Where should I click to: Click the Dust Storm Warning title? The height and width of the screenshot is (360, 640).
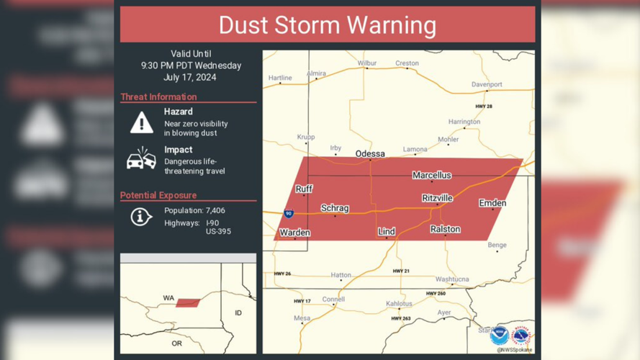click(x=328, y=25)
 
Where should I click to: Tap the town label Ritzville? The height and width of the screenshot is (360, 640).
click(x=437, y=197)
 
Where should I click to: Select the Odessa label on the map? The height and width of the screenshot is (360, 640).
click(x=370, y=153)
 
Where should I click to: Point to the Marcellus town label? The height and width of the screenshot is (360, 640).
click(x=432, y=175)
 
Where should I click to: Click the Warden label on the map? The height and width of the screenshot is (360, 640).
click(x=295, y=233)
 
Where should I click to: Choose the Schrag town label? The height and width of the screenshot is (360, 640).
click(x=335, y=208)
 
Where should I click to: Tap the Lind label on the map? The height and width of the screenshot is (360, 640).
click(x=387, y=231)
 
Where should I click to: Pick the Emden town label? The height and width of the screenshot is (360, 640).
click(x=492, y=203)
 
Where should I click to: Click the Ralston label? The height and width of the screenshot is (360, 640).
click(x=445, y=229)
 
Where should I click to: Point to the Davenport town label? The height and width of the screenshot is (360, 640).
click(x=487, y=84)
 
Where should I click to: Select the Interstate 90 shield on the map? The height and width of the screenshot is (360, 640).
click(x=288, y=214)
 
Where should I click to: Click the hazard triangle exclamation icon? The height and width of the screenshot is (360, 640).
click(x=142, y=123)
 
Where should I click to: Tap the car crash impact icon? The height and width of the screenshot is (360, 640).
click(x=141, y=159)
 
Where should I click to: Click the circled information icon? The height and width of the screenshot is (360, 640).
click(x=140, y=216)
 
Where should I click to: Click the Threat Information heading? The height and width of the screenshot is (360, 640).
click(x=158, y=96)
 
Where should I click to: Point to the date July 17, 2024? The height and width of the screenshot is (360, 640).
click(x=191, y=78)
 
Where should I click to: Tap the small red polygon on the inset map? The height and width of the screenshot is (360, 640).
click(x=188, y=303)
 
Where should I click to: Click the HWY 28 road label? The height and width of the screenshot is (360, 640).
click(x=484, y=107)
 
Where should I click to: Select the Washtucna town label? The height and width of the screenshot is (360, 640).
click(x=452, y=279)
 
